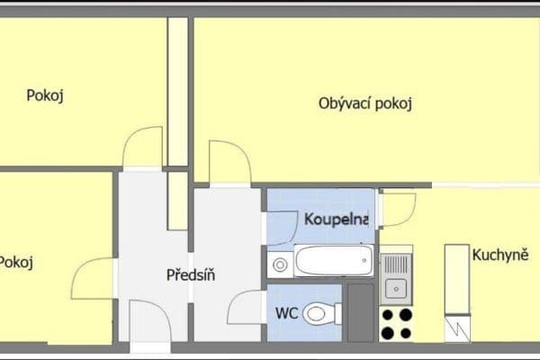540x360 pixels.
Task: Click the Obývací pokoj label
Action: (364, 103)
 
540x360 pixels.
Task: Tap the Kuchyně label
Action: (499, 255)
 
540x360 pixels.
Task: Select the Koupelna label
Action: (336, 220)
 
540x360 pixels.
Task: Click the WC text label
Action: (288, 314)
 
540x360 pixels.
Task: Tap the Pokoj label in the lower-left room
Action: (16, 262)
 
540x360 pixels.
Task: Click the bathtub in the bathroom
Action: (333, 263)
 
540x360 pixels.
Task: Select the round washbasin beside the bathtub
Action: (280, 265)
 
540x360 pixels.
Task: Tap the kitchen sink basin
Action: (395, 288)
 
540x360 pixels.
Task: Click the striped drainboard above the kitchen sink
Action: (395, 264)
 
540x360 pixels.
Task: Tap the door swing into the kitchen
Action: (396, 209)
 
